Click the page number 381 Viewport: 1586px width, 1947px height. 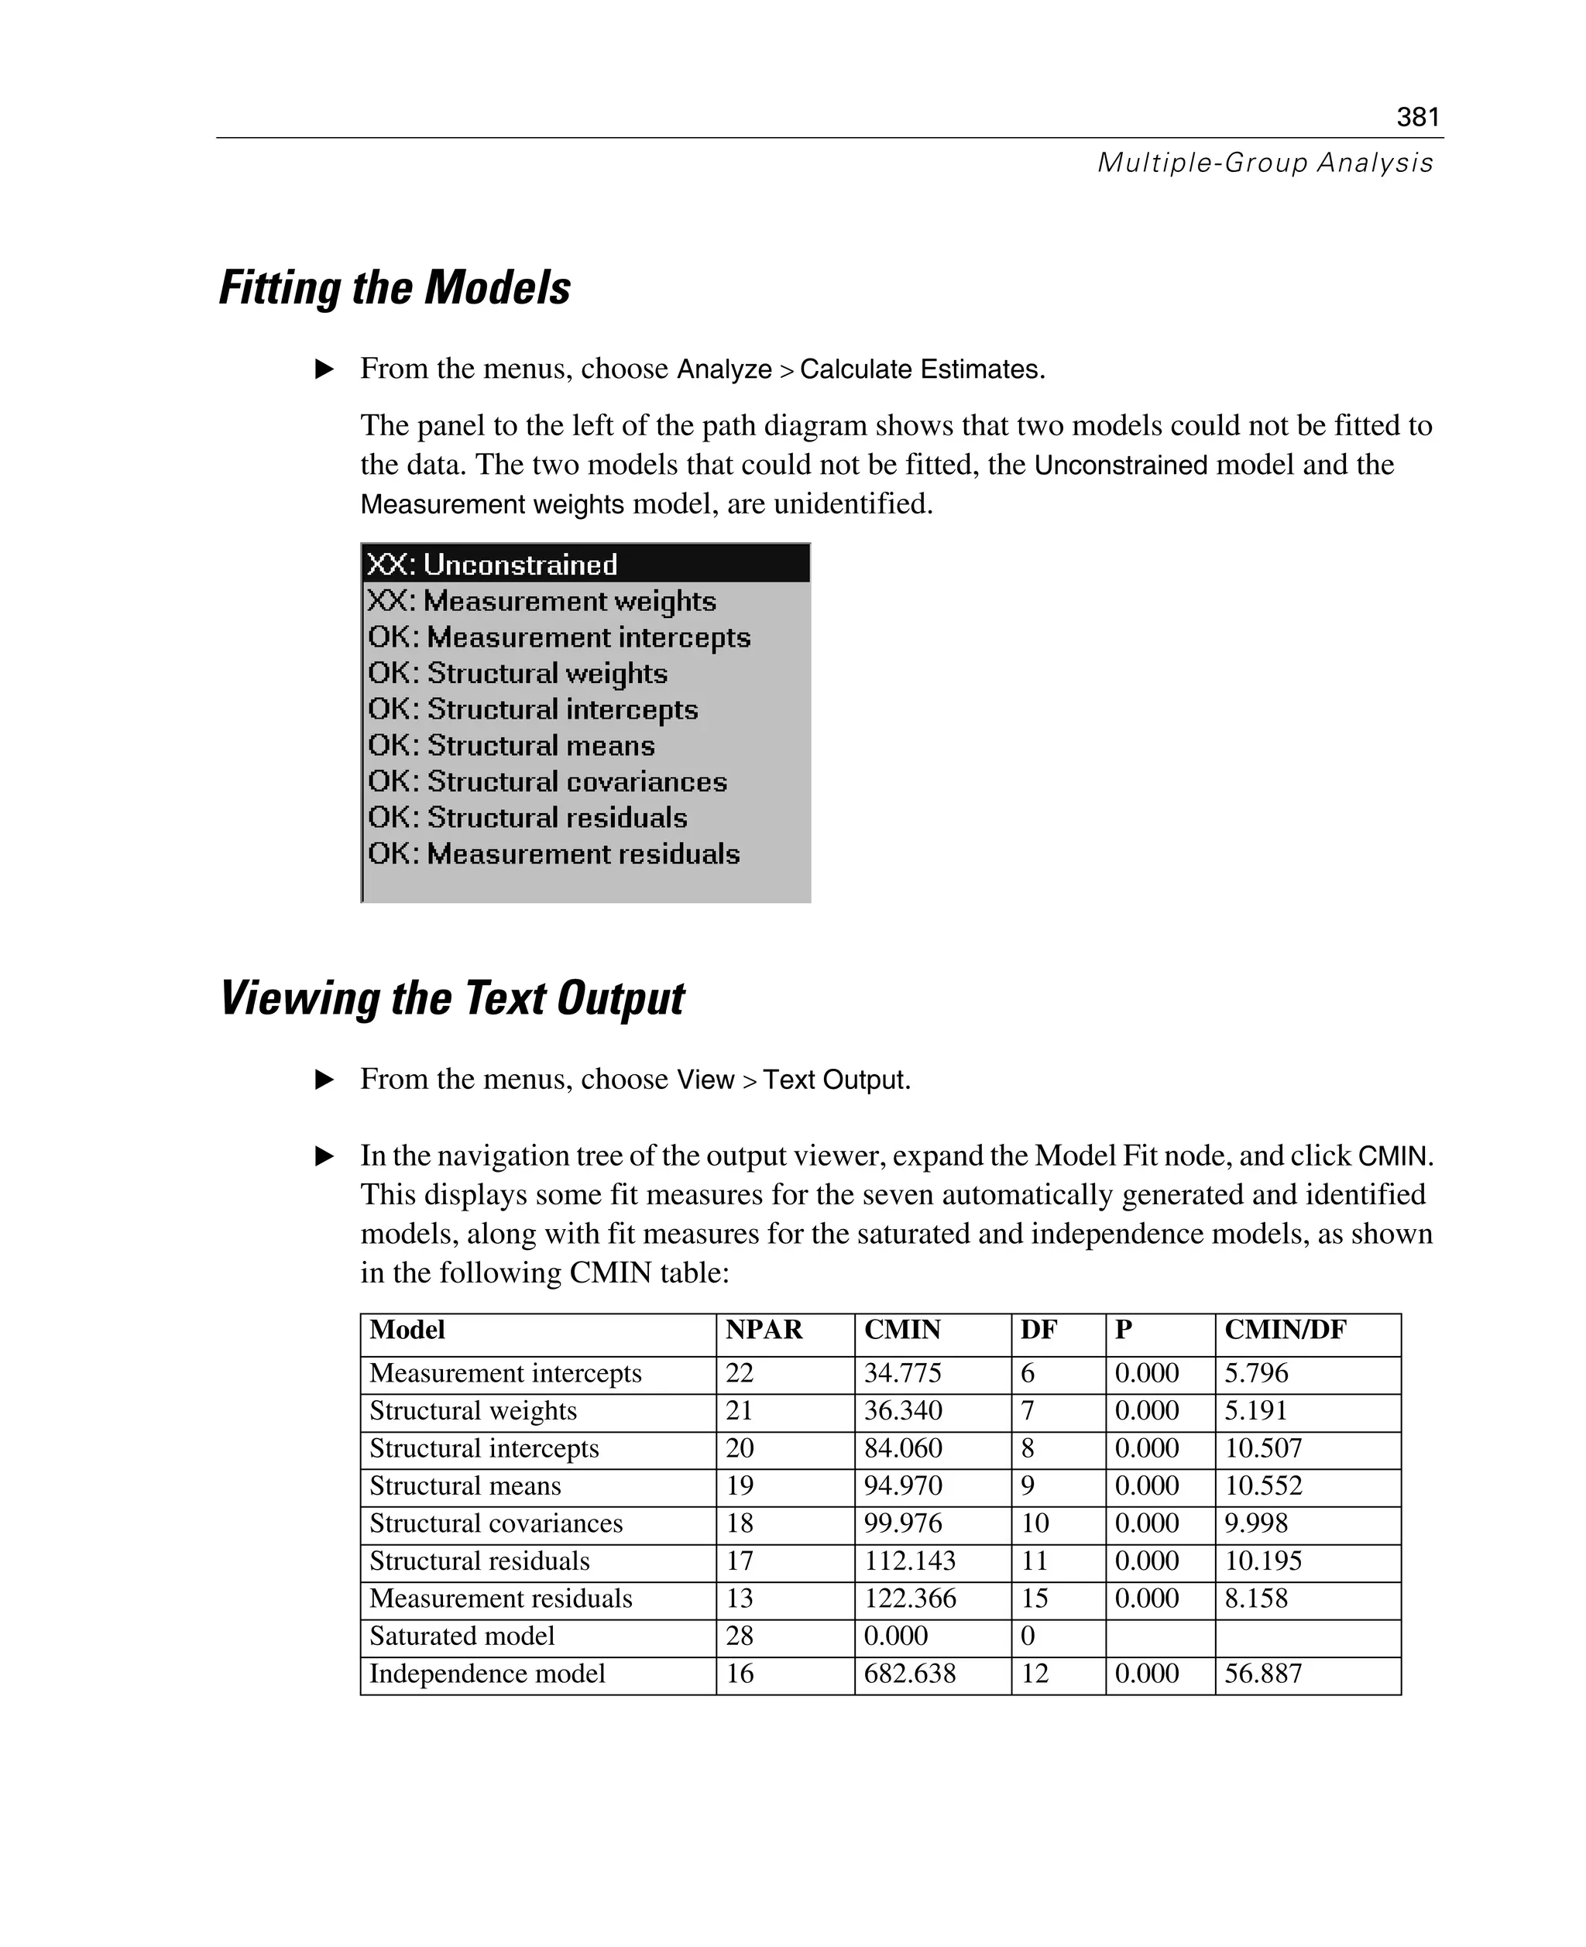tap(1417, 117)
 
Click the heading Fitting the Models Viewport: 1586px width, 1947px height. tap(395, 288)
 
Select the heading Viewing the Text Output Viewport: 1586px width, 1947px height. tap(451, 998)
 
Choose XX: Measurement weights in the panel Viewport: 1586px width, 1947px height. tap(542, 601)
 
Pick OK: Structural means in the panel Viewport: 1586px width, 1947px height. tap(512, 746)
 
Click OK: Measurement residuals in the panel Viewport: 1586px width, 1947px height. tap(554, 853)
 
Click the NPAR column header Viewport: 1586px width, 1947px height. tap(764, 1331)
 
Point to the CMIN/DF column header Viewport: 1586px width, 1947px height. tap(1285, 1331)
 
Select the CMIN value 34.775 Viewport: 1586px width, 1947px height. tap(903, 1373)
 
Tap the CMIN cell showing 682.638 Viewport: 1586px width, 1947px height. tap(910, 1674)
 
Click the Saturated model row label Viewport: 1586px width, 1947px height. tap(462, 1636)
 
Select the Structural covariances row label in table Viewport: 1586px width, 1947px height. tap(496, 1523)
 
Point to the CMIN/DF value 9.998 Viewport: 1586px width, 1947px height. tap(1256, 1523)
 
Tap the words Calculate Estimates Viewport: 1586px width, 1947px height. tap(921, 369)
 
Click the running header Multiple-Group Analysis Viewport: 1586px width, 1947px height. tap(1265, 163)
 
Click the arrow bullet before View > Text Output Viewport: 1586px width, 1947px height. tap(324, 1080)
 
